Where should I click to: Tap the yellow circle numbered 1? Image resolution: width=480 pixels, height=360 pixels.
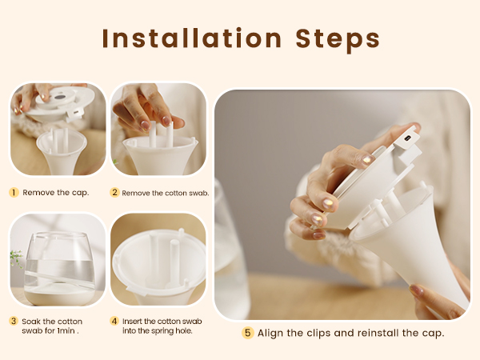point(14,193)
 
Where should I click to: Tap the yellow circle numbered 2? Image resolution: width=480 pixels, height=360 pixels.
point(115,193)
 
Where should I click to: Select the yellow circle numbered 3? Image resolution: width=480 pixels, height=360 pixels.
point(14,321)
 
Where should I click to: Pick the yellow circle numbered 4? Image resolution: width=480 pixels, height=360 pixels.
point(115,321)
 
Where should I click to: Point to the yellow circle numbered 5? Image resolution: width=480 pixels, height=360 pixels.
point(248,333)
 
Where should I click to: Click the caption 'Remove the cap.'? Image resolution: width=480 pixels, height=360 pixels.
point(56,193)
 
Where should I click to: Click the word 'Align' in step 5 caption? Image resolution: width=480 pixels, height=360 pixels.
point(271,333)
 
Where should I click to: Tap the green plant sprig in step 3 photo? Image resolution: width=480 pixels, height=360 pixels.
point(15,258)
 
